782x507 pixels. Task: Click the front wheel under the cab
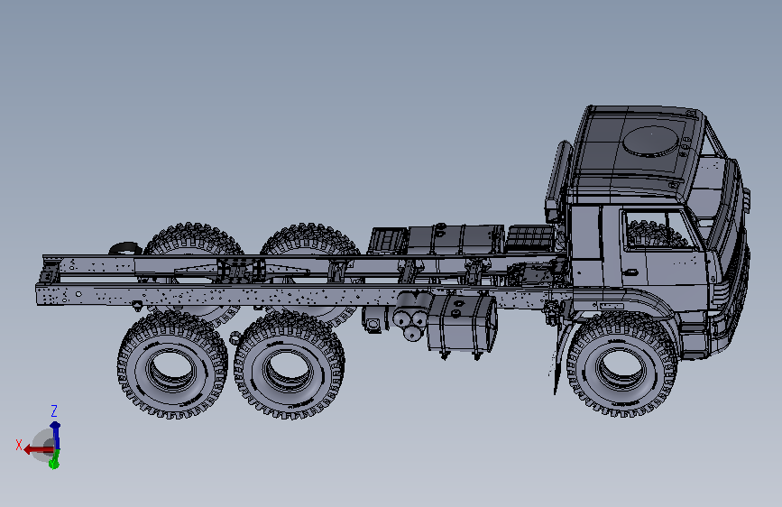pos(622,364)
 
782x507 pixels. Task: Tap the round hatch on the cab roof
pos(651,142)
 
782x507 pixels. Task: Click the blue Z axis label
pos(54,411)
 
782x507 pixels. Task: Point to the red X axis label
pos(19,445)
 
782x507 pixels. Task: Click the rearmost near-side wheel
pos(172,364)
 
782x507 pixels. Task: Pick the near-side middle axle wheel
pos(290,365)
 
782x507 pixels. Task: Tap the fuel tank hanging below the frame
pos(462,323)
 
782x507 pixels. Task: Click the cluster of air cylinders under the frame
pos(412,316)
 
